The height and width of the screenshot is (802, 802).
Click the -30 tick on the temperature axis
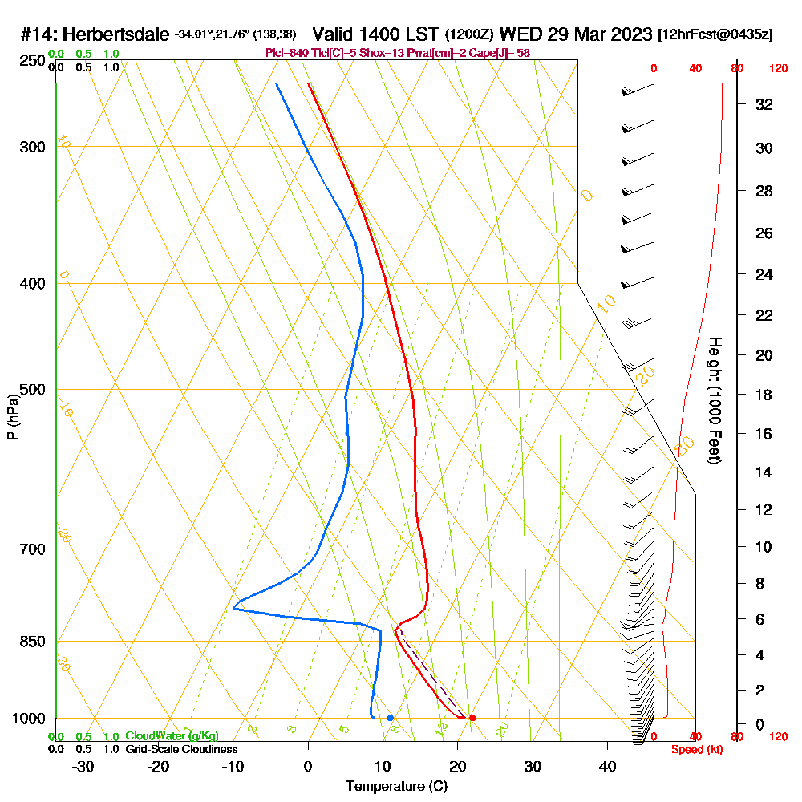coord(83,767)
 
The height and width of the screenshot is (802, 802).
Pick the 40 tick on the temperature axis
coord(607,767)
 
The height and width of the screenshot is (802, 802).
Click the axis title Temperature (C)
coord(396,787)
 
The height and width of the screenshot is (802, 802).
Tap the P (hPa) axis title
coord(12,417)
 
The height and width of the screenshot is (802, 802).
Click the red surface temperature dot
coord(472,718)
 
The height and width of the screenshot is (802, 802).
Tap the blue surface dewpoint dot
coord(390,718)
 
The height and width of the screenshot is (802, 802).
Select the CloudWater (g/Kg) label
coord(172,736)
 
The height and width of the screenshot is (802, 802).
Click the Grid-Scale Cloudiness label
coord(180,749)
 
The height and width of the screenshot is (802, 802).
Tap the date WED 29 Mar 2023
coord(575,35)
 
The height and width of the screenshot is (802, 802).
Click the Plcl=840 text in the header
coord(287,53)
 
